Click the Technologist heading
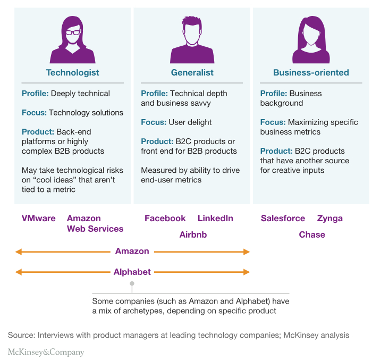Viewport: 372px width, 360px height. [72, 72]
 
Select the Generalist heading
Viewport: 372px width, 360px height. [192, 72]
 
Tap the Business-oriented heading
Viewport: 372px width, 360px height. [311, 72]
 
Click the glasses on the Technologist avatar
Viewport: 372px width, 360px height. [72, 32]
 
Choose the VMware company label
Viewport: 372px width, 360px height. [38, 218]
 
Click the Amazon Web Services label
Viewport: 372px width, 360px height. [95, 223]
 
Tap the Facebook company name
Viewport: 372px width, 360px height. [165, 218]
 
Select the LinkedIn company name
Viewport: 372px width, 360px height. [215, 218]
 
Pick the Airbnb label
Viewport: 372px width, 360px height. [193, 235]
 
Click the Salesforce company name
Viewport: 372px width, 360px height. [283, 218]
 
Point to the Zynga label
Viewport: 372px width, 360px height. [329, 218]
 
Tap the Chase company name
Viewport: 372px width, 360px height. [312, 235]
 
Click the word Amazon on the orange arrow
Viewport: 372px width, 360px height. [132, 251]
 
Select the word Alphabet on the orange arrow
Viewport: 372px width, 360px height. [132, 272]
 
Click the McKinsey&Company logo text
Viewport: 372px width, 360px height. [46, 352]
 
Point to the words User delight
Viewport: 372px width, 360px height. [190, 122]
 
